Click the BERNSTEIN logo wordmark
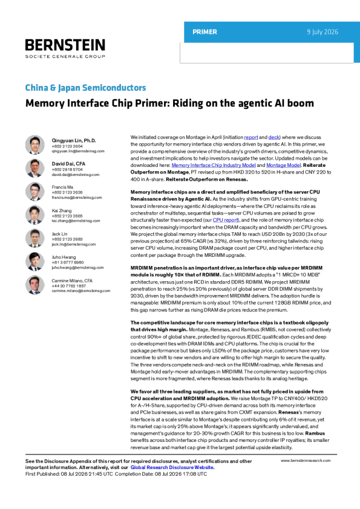click(65, 45)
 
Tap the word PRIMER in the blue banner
click(205, 32)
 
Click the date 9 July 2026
click(322, 32)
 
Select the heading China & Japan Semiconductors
click(86, 88)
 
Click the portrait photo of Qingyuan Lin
click(34, 144)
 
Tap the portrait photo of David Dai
click(34, 168)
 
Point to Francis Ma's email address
click(77, 197)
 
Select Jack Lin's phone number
click(67, 239)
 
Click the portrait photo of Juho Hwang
click(34, 262)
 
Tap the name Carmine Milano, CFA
click(72, 280)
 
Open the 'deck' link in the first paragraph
click(274, 137)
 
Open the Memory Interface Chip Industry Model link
click(214, 165)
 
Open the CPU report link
click(226, 220)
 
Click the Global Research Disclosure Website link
click(172, 467)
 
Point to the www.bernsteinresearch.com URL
click(306, 461)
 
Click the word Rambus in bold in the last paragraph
click(315, 433)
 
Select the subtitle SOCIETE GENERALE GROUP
click(65, 56)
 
